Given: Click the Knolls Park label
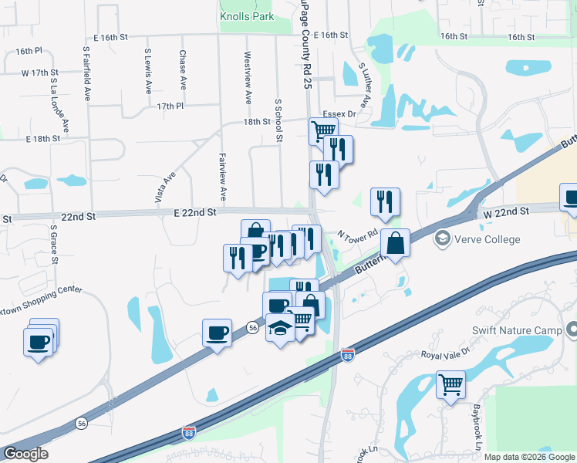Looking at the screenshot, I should pyautogui.click(x=247, y=15).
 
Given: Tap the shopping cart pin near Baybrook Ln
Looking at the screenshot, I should pyautogui.click(x=450, y=384).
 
